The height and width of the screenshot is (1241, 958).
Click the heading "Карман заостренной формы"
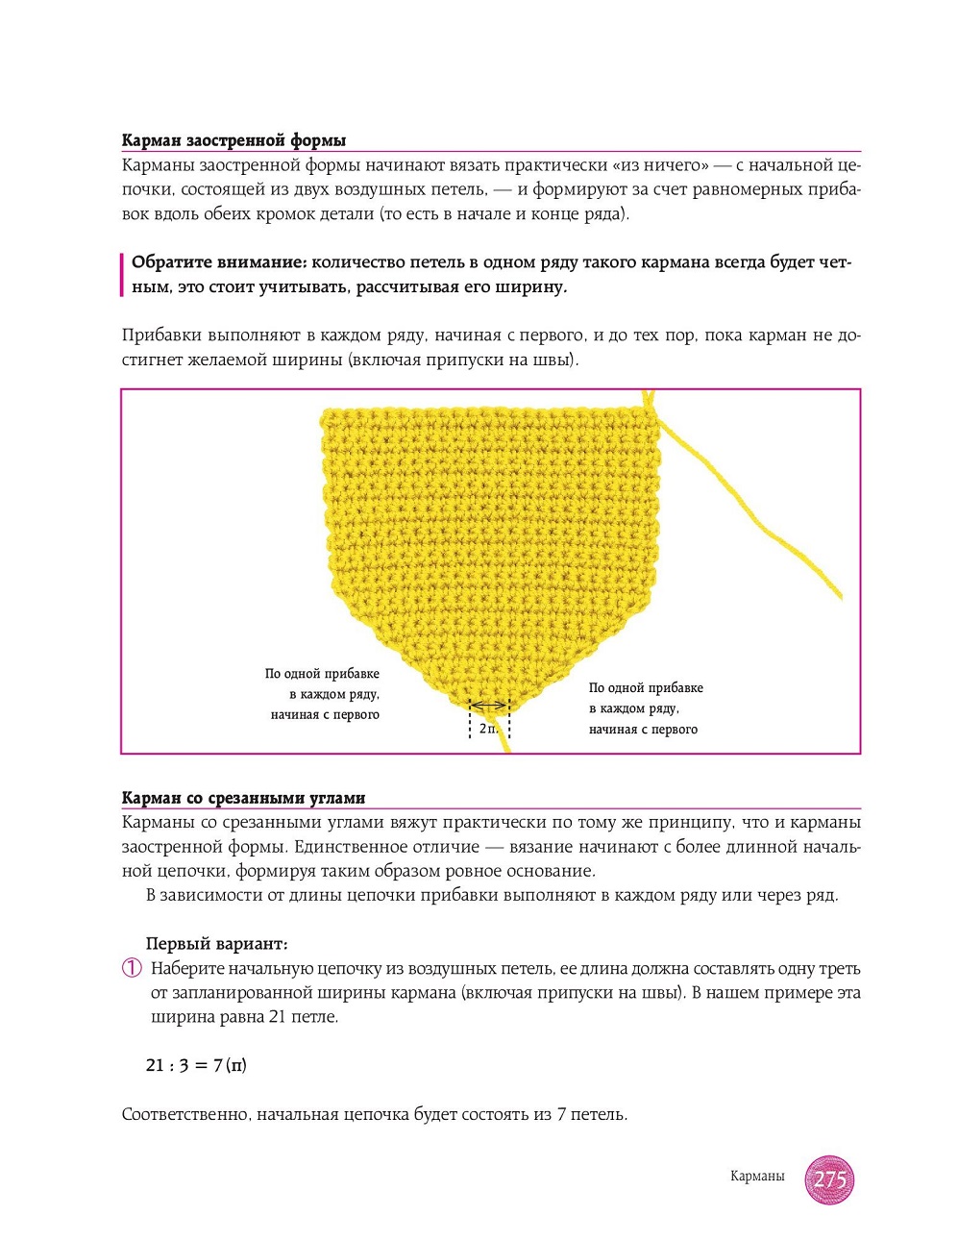pyautogui.click(x=233, y=140)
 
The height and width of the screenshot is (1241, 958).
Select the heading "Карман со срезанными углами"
pyautogui.click(x=243, y=798)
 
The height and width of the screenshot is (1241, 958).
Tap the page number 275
pyautogui.click(x=829, y=1179)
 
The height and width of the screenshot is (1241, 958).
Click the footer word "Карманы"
pyautogui.click(x=757, y=1177)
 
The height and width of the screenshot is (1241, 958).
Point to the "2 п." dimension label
pyautogui.click(x=488, y=729)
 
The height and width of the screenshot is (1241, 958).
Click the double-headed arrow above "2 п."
pyautogui.click(x=489, y=707)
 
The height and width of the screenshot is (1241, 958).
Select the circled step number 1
pyautogui.click(x=132, y=969)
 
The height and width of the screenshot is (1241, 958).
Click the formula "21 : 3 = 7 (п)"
pyautogui.click(x=196, y=1065)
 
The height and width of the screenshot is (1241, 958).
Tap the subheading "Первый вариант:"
pyautogui.click(x=216, y=944)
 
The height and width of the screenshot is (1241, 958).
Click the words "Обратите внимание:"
pyautogui.click(x=219, y=262)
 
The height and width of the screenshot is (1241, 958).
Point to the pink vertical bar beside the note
pyautogui.click(x=122, y=275)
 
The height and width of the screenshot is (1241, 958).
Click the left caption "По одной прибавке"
pyautogui.click(x=322, y=674)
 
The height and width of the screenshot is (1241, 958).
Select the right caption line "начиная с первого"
pyautogui.click(x=643, y=730)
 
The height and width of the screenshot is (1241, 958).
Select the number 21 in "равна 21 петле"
pyautogui.click(x=279, y=1017)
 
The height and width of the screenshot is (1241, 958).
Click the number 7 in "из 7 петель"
pyautogui.click(x=561, y=1115)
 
